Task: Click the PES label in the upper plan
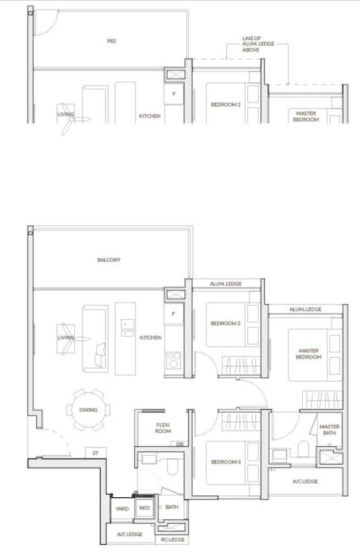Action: point(111,41)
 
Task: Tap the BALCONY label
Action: point(109,260)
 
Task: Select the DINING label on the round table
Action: point(88,410)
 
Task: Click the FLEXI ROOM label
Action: point(163,428)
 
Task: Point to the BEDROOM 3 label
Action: point(226,462)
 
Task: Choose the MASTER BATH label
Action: point(329,429)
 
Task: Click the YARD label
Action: point(122,509)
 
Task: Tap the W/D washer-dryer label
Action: point(145,508)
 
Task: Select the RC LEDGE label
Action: point(173,539)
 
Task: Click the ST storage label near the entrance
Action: point(95,453)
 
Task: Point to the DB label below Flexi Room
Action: point(180,444)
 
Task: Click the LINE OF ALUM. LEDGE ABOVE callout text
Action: point(258,44)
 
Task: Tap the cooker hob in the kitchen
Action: point(173,360)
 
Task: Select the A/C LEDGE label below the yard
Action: point(129,534)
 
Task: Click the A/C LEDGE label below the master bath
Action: point(305,482)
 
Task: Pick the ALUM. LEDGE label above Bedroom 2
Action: point(226,284)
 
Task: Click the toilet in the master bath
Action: point(303,449)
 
